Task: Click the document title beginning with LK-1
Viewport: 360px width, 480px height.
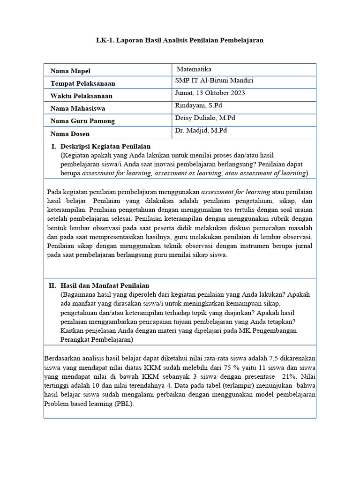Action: (180, 40)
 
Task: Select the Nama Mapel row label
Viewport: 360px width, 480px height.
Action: (70, 71)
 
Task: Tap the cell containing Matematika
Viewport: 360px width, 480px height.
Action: (194, 68)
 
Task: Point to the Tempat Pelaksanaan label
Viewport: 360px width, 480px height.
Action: (82, 83)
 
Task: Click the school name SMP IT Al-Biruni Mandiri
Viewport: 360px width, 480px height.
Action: (214, 81)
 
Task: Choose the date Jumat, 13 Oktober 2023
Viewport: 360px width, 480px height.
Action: (210, 93)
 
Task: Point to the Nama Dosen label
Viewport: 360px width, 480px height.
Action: (70, 134)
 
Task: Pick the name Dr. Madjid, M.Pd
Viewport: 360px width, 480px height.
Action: (201, 131)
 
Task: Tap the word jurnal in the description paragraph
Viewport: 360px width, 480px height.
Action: (303, 246)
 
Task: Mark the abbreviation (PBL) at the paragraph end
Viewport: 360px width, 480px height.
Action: (124, 403)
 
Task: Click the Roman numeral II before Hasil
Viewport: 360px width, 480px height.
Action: (52, 285)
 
